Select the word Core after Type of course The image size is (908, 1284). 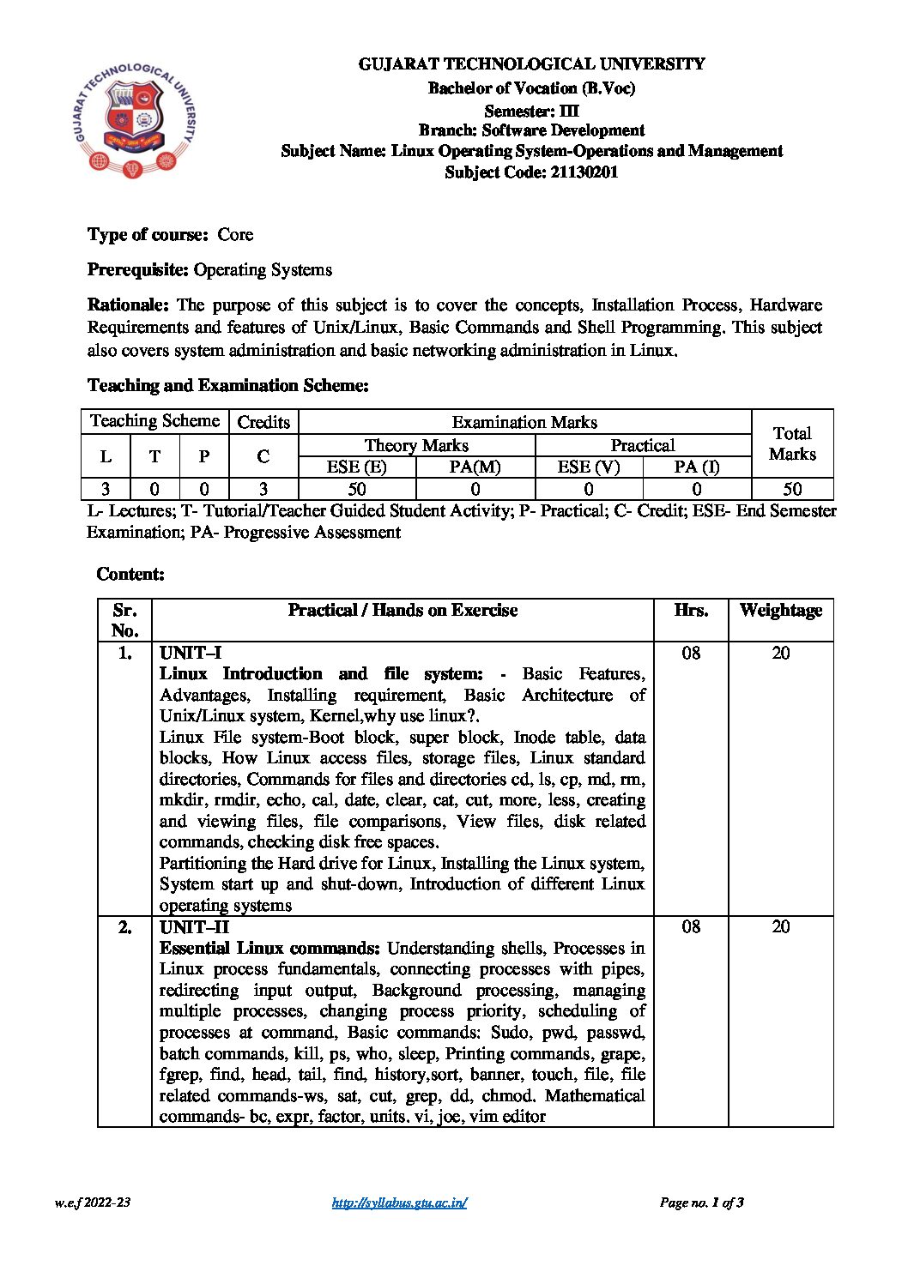click(235, 234)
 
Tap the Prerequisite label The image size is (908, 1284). click(137, 269)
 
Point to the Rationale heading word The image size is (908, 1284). click(129, 304)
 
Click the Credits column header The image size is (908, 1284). click(263, 422)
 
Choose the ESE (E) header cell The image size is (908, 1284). click(356, 467)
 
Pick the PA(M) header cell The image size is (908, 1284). click(475, 467)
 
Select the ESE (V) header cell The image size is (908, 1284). click(588, 467)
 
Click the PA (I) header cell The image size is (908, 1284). click(696, 467)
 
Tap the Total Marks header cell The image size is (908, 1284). click(792, 443)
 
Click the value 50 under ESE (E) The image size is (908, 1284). click(356, 489)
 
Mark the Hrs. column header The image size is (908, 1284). click(691, 610)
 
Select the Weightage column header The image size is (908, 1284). click(780, 610)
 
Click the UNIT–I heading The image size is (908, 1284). click(191, 653)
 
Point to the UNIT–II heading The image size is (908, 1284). click(194, 926)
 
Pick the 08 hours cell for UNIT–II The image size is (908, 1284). click(691, 926)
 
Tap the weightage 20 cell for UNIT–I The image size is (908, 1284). click(780, 653)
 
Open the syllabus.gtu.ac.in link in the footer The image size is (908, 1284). click(399, 1203)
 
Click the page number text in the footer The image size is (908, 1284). click(701, 1203)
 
